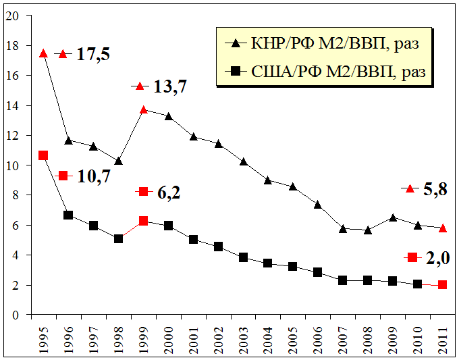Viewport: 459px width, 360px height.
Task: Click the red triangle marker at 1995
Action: (43, 53)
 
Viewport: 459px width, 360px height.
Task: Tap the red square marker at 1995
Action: (43, 155)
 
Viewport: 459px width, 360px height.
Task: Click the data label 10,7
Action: (93, 176)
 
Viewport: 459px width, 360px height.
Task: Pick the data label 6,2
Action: (170, 192)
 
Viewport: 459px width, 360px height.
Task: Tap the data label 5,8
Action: (435, 190)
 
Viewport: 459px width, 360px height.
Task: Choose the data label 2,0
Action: (437, 258)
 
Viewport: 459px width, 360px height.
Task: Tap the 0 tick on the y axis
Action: (13, 315)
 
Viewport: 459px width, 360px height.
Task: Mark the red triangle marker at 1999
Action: (143, 109)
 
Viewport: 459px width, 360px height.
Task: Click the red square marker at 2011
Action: (442, 285)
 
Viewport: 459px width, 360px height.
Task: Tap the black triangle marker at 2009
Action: (392, 217)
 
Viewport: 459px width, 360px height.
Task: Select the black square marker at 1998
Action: (118, 238)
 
